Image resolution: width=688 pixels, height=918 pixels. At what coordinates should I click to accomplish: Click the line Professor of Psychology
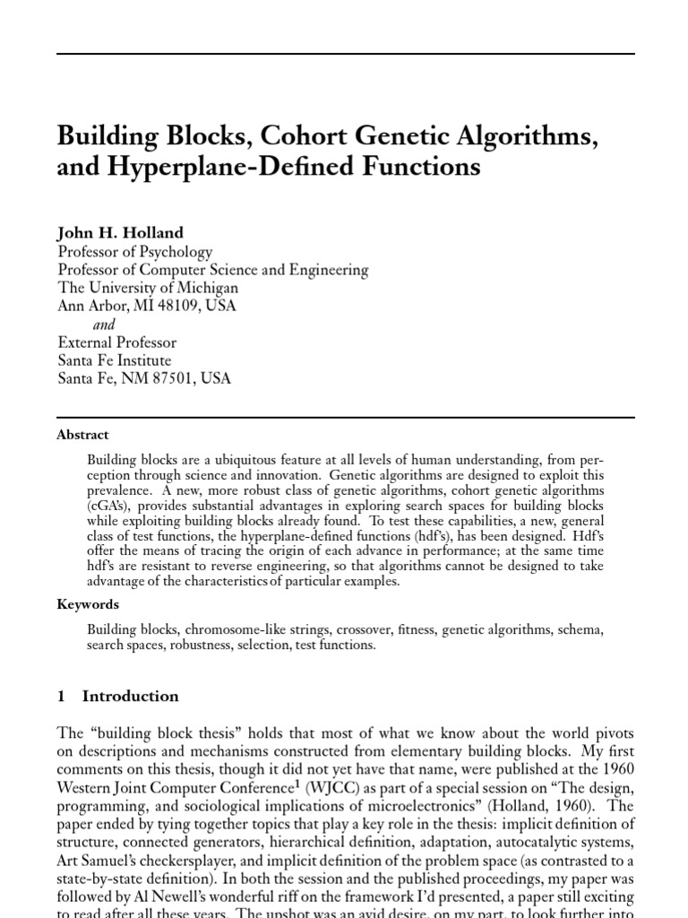point(135,251)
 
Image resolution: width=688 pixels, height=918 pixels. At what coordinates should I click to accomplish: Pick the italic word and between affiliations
point(104,325)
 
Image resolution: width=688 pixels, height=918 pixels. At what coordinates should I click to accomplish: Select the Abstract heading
point(82,435)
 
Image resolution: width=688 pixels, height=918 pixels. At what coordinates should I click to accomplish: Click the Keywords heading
point(88,605)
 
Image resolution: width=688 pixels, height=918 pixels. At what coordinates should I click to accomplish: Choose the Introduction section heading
point(130,696)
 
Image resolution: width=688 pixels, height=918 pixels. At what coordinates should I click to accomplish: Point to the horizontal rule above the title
point(346,54)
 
